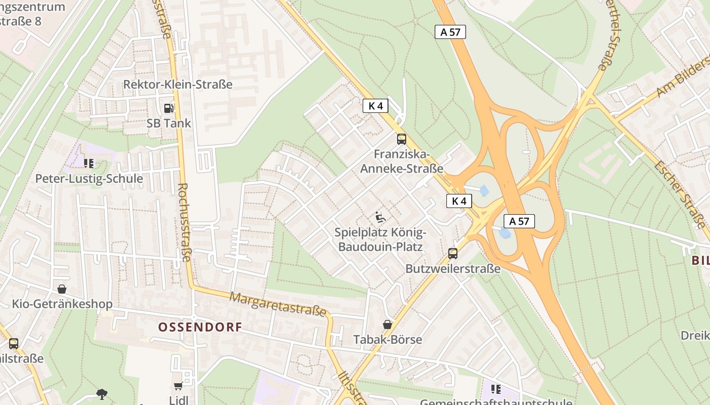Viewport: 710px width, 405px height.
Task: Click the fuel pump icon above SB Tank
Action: coord(168,108)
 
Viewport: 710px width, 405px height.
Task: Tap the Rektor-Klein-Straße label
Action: coord(177,85)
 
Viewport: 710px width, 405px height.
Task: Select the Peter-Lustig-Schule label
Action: coord(89,179)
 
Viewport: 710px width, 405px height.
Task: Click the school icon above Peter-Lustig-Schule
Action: coord(89,163)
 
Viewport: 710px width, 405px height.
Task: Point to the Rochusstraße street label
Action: coord(184,222)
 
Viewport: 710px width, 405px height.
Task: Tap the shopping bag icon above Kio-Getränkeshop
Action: coord(62,289)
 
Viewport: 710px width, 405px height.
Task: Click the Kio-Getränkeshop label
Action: coord(62,304)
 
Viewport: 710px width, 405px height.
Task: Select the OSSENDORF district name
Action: coord(200,327)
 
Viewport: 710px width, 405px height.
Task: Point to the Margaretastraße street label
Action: coord(278,304)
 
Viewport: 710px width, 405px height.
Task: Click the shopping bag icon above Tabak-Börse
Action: coord(387,324)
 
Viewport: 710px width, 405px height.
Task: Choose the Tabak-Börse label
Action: coord(387,339)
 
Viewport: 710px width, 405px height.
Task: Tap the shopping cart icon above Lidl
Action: coord(178,386)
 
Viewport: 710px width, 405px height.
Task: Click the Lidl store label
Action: coord(178,400)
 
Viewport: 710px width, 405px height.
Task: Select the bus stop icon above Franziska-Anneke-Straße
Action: coord(402,139)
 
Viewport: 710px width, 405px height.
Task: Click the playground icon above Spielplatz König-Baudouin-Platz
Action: coord(380,217)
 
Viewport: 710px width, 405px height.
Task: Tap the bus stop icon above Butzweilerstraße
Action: coord(453,254)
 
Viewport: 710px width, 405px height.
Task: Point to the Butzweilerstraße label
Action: coord(453,269)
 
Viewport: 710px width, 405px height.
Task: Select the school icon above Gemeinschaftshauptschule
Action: coord(496,389)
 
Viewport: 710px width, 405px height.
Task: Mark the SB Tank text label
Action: coord(169,123)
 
